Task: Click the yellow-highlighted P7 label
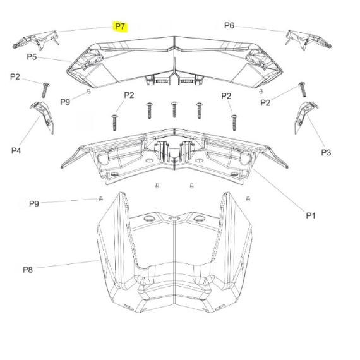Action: point(120,27)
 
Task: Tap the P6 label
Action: point(229,25)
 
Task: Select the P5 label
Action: point(32,57)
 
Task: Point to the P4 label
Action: point(16,150)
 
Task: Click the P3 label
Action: point(326,152)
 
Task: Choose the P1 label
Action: point(311,215)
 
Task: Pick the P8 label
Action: point(28,270)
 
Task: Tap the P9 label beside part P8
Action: point(34,203)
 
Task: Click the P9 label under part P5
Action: point(65,102)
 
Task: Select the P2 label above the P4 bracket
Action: point(15,76)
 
